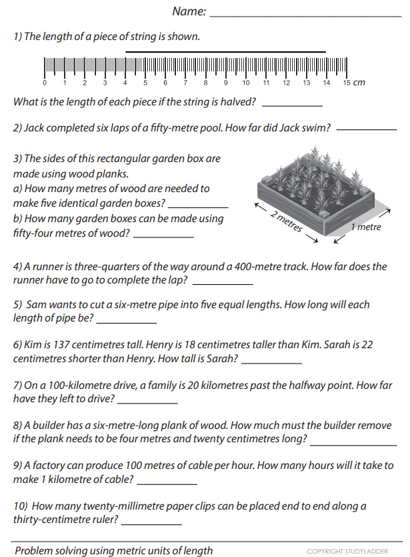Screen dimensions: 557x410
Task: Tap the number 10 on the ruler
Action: click(x=246, y=83)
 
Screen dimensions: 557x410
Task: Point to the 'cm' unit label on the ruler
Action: click(x=359, y=83)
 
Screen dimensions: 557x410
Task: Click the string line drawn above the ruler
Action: click(x=225, y=51)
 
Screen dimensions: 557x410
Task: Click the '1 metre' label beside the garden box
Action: click(x=366, y=227)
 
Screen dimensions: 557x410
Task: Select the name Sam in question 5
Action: click(x=35, y=305)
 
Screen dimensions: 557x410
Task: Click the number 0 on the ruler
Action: click(x=45, y=83)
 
